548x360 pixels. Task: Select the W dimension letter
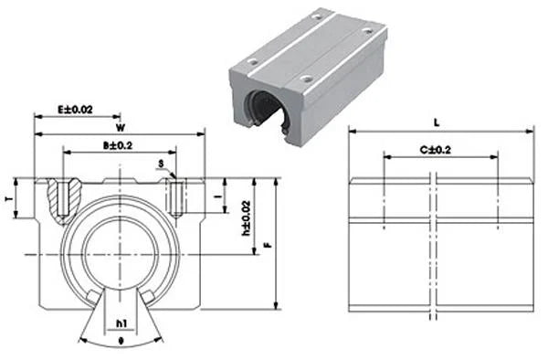click(121, 127)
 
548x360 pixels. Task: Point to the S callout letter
click(161, 165)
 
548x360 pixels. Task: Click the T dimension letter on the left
click(8, 198)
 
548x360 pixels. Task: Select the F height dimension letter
click(266, 244)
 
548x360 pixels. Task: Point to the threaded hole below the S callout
click(176, 195)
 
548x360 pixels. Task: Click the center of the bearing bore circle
click(121, 251)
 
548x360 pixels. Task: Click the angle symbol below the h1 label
click(121, 344)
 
